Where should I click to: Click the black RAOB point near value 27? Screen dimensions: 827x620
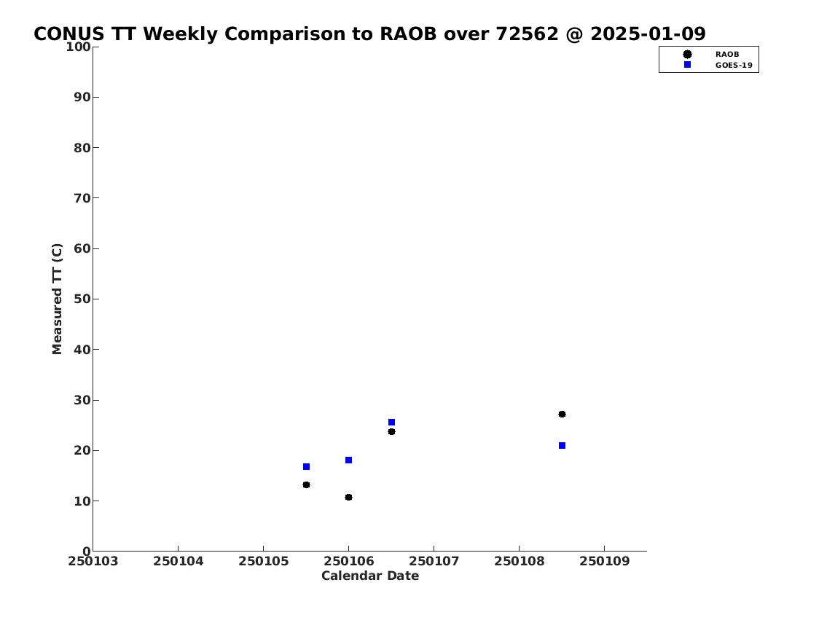tap(563, 415)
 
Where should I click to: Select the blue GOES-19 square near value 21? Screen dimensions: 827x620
tap(563, 446)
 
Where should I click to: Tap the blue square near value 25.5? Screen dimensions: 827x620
tap(392, 423)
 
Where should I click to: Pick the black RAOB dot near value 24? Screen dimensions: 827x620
tap(392, 432)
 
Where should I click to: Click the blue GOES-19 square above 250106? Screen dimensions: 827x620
tap(348, 460)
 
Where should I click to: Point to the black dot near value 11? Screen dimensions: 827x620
tap(348, 497)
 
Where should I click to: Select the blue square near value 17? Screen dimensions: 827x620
tap(307, 466)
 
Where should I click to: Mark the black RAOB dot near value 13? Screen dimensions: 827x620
tap(307, 485)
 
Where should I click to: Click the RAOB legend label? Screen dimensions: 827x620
tap(727, 55)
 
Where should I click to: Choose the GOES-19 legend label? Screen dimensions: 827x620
tap(734, 66)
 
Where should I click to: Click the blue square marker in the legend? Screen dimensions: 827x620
tap(687, 65)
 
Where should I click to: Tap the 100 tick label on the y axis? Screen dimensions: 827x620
tap(78, 47)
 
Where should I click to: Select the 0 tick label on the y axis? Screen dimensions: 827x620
tap(87, 552)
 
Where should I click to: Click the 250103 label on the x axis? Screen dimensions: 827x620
tap(93, 561)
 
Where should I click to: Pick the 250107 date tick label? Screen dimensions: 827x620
tap(434, 561)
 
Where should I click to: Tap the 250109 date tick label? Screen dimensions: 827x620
tap(605, 561)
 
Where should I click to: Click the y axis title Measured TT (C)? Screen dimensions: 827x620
tap(57, 299)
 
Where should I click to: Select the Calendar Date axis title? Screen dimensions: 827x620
tap(370, 576)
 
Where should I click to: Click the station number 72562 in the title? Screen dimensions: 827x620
tap(527, 34)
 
